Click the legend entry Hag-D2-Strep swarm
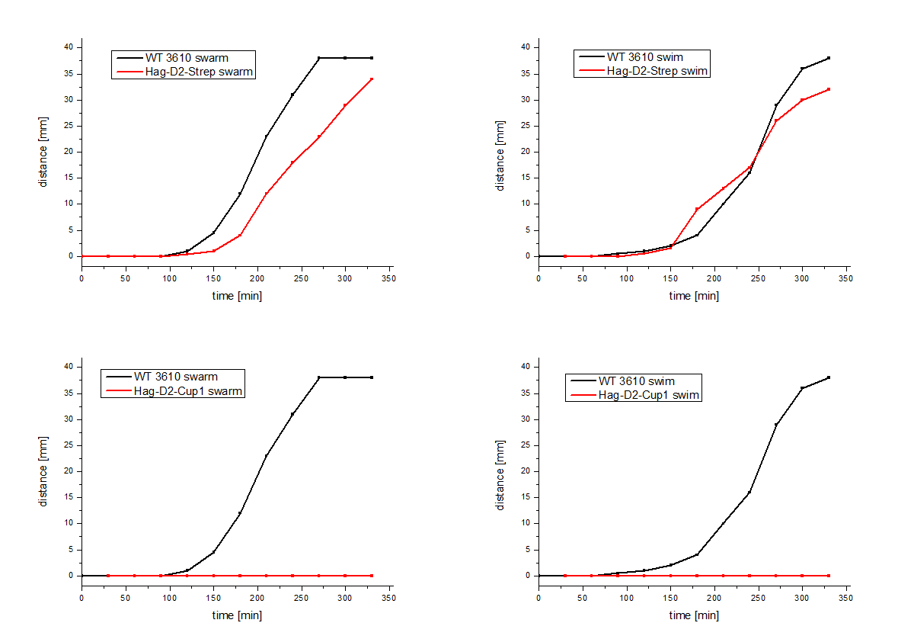(199, 72)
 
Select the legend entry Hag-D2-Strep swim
(657, 71)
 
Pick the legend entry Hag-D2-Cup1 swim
(648, 395)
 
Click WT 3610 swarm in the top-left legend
(187, 57)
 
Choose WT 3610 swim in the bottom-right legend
(636, 381)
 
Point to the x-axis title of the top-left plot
(237, 296)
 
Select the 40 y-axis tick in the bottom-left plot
(67, 367)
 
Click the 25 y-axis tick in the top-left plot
(67, 126)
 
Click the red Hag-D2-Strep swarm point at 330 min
(372, 79)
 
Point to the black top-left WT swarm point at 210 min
(266, 136)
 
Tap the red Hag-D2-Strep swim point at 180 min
(697, 209)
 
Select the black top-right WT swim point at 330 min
(829, 58)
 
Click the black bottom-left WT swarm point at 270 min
(319, 377)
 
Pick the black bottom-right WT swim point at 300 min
(802, 388)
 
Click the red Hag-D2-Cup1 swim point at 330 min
(829, 576)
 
